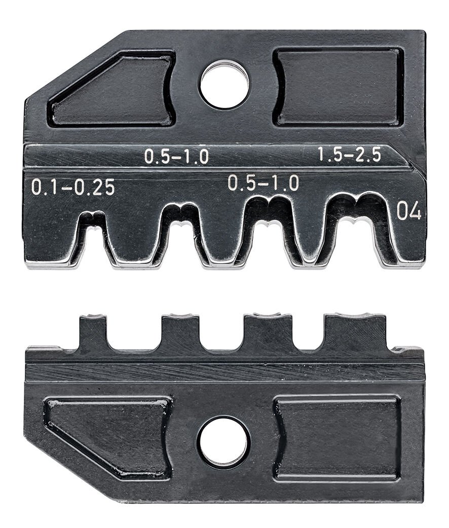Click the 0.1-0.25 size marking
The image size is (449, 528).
73,188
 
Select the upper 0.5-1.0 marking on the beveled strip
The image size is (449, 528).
176,157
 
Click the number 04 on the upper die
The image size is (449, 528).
408,212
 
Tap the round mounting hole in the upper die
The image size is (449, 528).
224,85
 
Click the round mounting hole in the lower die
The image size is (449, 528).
223,442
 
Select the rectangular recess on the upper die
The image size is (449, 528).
339,87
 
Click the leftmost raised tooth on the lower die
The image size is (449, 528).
93,332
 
